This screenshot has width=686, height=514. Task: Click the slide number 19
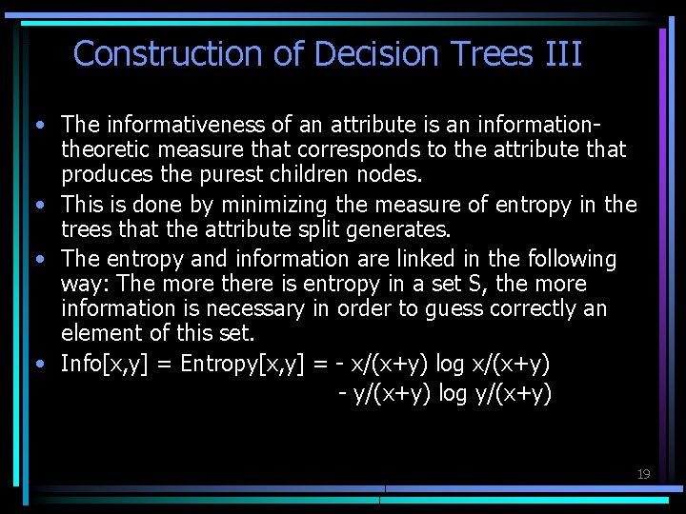pos(643,474)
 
